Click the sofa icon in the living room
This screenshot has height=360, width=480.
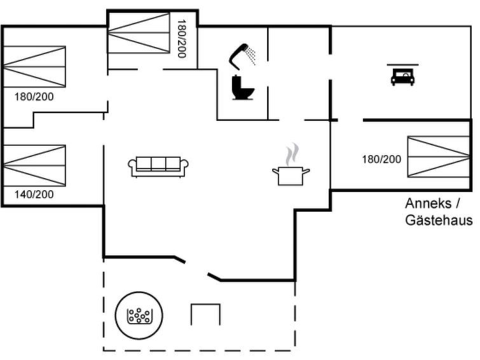(158, 166)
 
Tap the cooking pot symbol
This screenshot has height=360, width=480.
(291, 175)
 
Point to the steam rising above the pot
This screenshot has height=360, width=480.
(291, 154)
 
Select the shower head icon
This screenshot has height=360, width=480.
(238, 53)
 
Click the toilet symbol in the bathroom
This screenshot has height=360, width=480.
(243, 87)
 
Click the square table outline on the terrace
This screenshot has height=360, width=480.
(205, 314)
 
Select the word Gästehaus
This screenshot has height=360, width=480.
(439, 220)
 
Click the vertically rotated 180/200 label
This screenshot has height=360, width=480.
(182, 39)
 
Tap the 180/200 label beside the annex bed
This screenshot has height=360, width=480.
(381, 159)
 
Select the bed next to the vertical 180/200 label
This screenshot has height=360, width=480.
(139, 33)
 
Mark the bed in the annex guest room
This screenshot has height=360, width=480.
(439, 156)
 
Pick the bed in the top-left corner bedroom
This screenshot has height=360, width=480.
(34, 66)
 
